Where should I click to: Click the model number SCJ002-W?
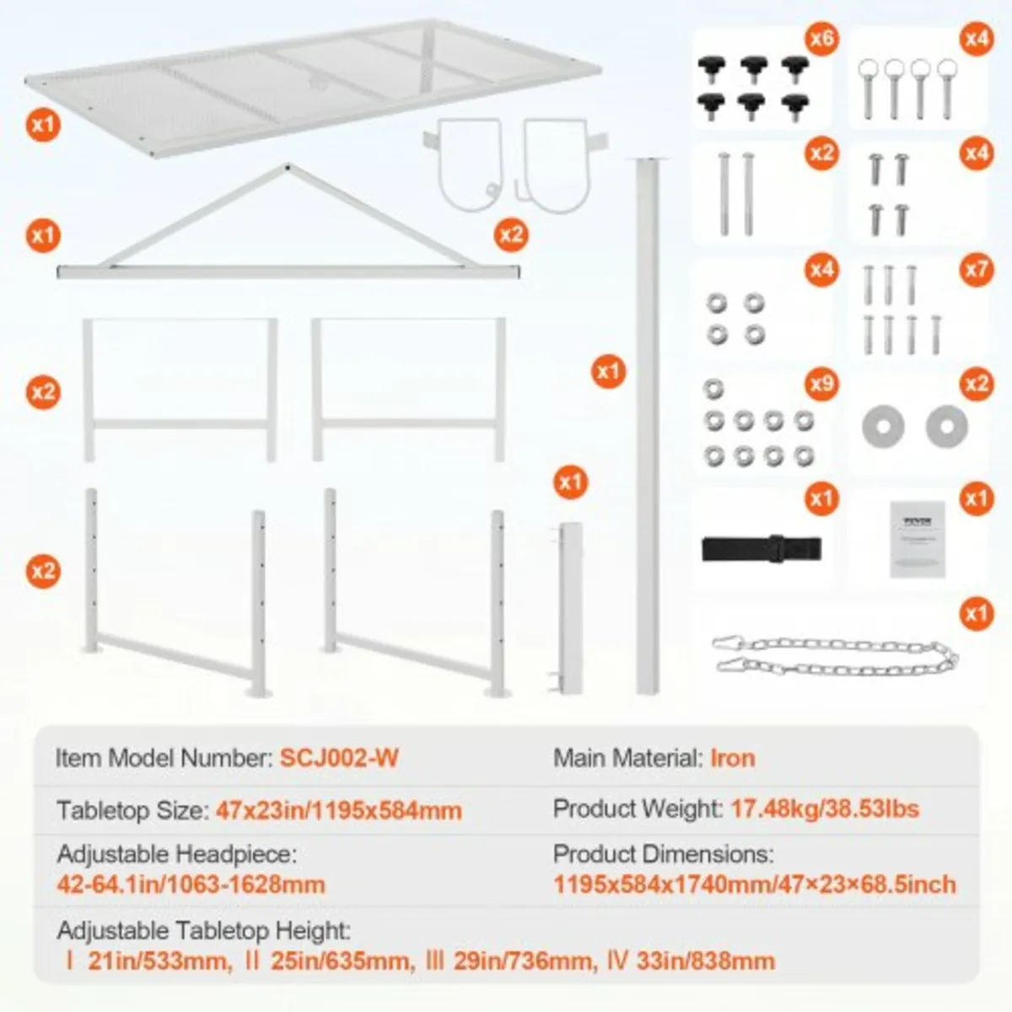339,757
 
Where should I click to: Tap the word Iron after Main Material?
732,757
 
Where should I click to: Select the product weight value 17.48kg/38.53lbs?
824,809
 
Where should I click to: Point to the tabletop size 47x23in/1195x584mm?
339,810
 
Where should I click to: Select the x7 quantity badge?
976,270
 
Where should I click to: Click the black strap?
762,548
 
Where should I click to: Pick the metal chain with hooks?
835,656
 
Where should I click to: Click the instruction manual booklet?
918,539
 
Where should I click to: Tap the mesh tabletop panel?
312,84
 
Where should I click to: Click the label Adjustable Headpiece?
177,853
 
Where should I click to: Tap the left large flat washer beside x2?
883,426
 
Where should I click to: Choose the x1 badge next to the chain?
976,612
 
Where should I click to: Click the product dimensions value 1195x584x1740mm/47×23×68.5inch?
755,884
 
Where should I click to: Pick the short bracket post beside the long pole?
571,607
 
